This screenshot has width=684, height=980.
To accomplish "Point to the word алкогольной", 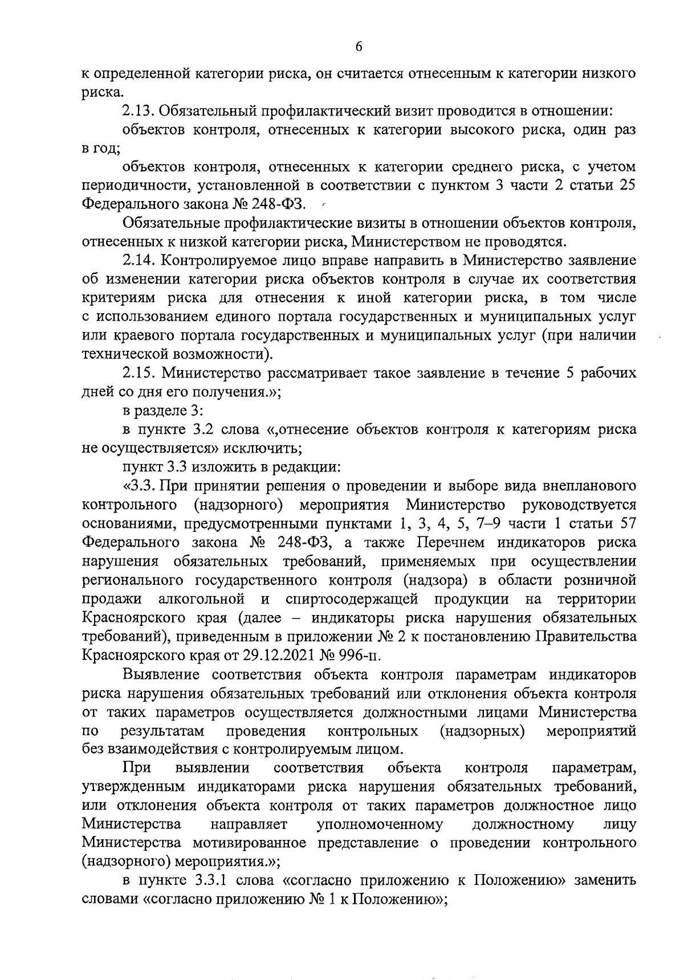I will pyautogui.click(x=202, y=599).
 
